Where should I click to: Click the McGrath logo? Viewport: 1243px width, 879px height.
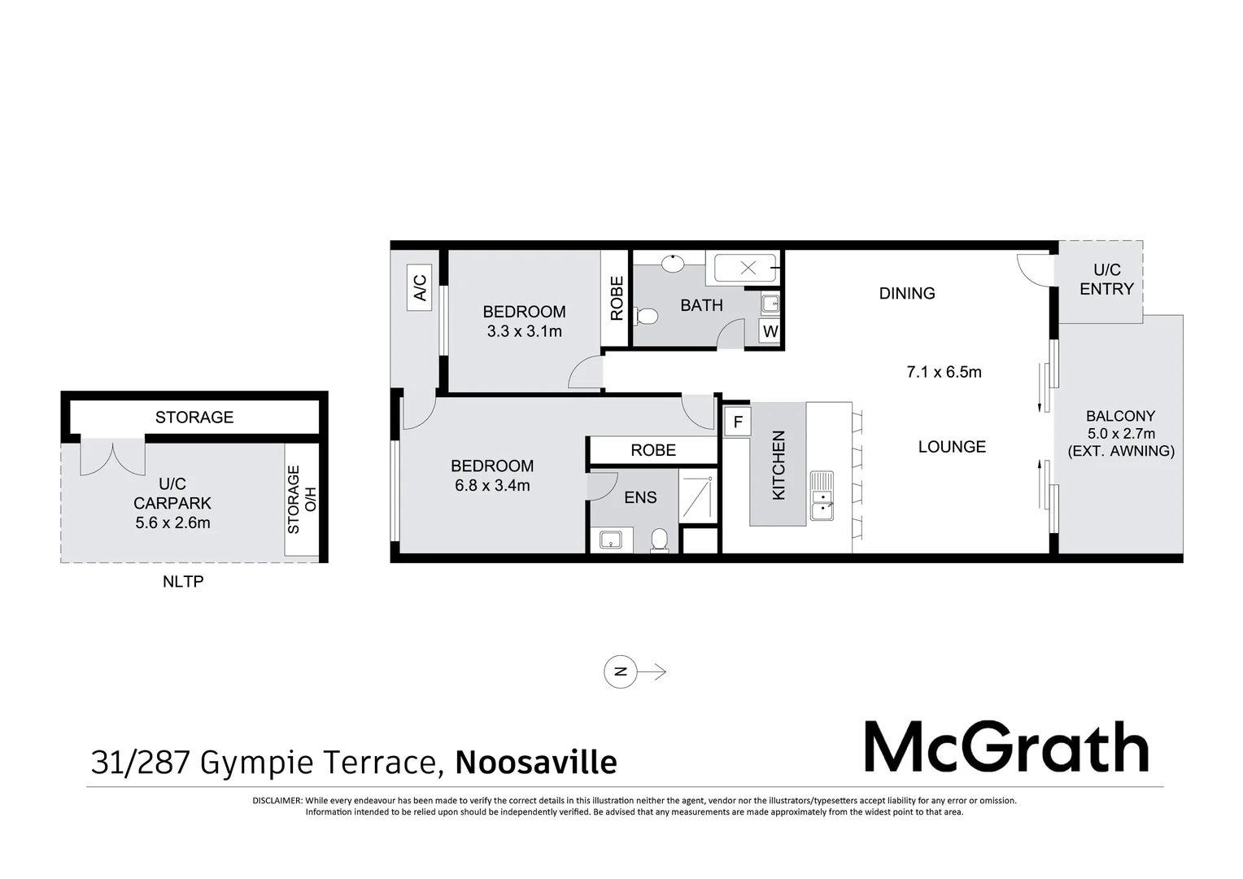[x=1005, y=747]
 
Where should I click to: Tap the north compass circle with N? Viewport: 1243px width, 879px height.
[x=621, y=672]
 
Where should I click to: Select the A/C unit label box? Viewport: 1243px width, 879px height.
[x=420, y=287]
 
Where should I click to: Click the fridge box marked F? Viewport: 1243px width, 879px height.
[x=738, y=422]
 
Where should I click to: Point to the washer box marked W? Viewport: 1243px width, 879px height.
[x=770, y=331]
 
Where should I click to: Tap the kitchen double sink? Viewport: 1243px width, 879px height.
[x=822, y=496]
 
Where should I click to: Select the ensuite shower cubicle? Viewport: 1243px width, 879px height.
[x=697, y=498]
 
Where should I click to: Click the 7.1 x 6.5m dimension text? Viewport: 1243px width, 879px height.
[x=944, y=372]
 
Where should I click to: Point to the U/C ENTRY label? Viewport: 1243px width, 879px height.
[x=1106, y=279]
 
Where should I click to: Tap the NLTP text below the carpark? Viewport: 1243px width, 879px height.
[x=182, y=582]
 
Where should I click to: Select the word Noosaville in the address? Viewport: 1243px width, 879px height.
[x=535, y=763]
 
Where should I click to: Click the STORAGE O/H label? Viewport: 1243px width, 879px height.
[x=301, y=499]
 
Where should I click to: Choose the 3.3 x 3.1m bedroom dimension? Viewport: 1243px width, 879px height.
[x=524, y=331]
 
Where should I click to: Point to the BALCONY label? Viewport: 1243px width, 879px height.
[x=1120, y=416]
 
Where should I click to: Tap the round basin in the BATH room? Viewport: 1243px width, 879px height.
[x=673, y=264]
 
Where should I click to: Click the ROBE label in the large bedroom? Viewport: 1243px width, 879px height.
[x=652, y=450]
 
